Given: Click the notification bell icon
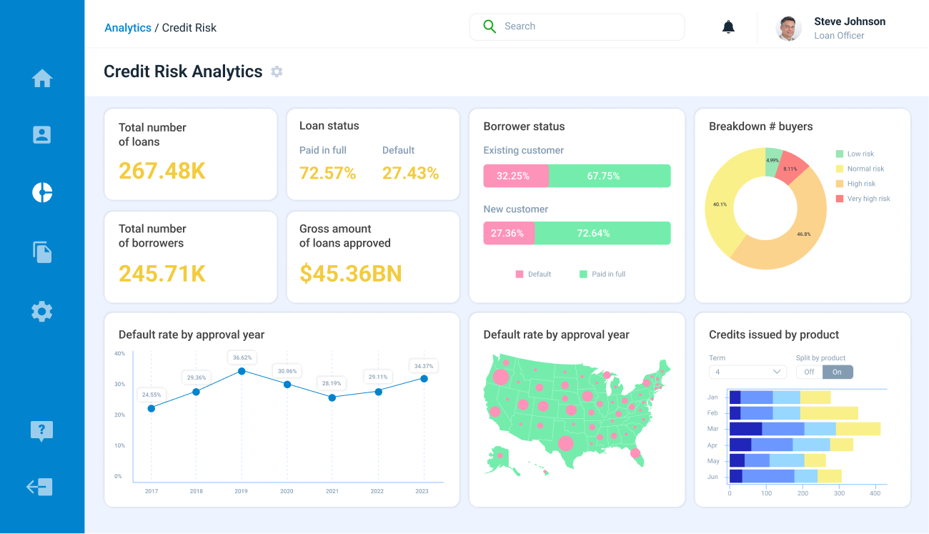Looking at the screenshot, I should [728, 27].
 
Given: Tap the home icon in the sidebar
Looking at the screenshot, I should [42, 78].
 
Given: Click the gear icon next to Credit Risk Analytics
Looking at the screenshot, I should [277, 71].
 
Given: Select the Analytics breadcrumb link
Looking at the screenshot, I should [128, 28].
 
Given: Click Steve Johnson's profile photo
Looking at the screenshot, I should [788, 28].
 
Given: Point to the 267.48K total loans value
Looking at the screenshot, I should [162, 171].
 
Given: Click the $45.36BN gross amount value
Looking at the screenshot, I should [350, 273].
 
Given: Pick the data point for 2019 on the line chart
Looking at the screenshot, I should [242, 371].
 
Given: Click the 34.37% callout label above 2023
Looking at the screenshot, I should [424, 366].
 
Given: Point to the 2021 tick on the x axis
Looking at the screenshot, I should [332, 491].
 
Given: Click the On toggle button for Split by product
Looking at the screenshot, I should [838, 372].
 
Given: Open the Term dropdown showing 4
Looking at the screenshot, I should [747, 372].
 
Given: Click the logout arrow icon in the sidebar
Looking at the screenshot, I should [40, 487].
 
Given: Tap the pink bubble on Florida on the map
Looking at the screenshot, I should [635, 453].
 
